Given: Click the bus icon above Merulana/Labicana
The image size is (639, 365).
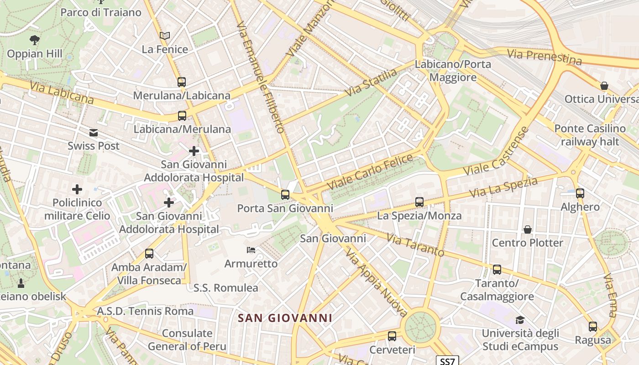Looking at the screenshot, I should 182,82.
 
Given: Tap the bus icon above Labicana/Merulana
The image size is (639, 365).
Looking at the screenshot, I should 182,116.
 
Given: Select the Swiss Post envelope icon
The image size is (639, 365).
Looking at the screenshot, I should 94,133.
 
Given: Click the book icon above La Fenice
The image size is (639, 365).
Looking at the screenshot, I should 165,36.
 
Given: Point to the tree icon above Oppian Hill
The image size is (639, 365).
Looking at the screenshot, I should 34,40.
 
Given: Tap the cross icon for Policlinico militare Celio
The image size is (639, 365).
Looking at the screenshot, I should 77,189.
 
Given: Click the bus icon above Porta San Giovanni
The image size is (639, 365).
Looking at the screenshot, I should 285,195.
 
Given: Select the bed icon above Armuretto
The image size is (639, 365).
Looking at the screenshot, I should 251,250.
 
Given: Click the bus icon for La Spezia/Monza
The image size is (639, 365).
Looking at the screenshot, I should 419,202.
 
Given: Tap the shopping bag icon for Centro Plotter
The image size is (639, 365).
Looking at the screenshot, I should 528,229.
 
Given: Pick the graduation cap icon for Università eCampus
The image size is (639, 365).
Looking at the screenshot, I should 520,320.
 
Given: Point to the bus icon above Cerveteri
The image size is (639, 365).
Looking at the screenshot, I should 392,336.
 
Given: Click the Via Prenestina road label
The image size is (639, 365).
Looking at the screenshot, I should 545,57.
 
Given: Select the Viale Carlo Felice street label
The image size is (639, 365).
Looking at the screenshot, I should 370,172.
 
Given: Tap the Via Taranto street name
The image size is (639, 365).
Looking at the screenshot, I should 415,245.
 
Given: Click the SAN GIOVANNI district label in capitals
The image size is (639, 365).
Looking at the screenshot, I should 285,318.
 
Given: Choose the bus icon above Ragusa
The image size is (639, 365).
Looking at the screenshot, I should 593,327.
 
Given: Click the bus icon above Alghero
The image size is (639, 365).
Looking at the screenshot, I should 580,193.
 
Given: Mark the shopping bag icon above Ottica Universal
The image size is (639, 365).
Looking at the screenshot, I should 604,86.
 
